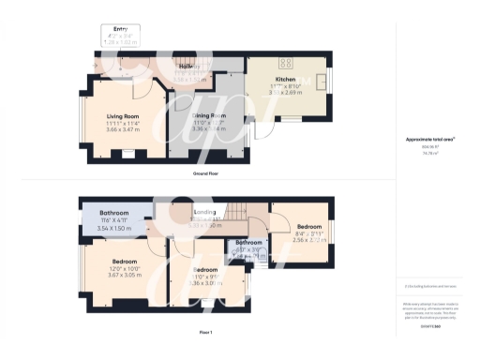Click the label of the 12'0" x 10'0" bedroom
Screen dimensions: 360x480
(x=124, y=262)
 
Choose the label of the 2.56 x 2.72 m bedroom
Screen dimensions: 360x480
(x=310, y=227)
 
